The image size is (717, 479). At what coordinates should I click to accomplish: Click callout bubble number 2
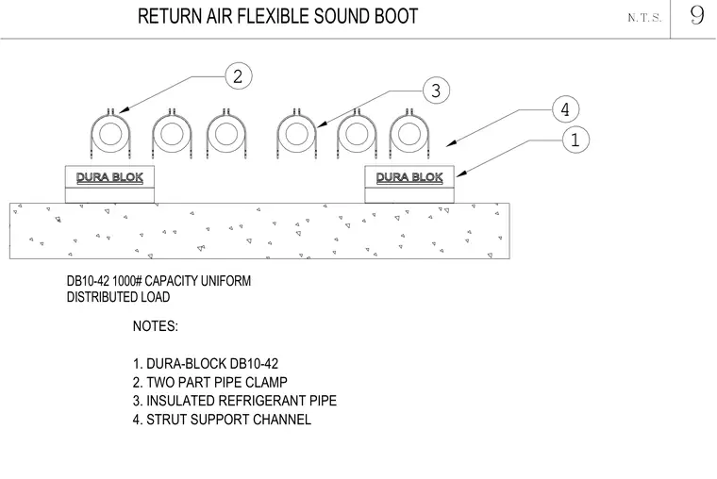[x=239, y=75]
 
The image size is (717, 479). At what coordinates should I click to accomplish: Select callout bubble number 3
[x=436, y=90]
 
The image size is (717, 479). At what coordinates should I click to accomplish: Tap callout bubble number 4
[x=566, y=109]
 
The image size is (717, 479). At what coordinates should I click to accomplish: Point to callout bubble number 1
[x=575, y=140]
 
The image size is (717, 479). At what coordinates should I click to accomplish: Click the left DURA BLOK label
[x=109, y=177]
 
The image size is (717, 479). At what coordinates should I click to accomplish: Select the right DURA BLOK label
[x=409, y=177]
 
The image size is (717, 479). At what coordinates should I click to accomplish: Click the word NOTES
[x=156, y=326]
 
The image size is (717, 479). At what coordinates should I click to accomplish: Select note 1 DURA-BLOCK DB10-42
[x=206, y=364]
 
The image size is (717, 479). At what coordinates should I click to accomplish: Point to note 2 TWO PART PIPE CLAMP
[x=209, y=382]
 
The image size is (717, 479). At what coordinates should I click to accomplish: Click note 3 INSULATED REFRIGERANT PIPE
[x=235, y=401]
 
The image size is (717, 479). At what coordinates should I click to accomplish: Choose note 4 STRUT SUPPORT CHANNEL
[x=222, y=420]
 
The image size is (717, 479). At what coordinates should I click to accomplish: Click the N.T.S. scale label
[x=644, y=18]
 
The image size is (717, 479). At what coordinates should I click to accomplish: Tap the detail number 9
[x=697, y=15]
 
